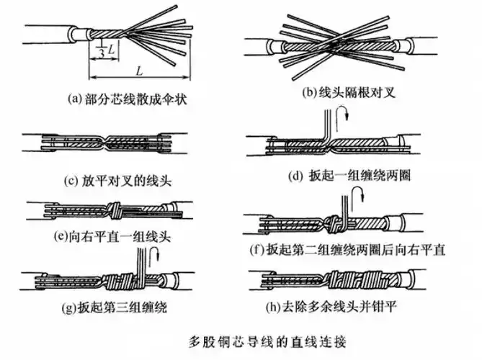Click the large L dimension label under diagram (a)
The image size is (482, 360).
[137, 68]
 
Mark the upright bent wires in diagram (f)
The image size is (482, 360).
[344, 205]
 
